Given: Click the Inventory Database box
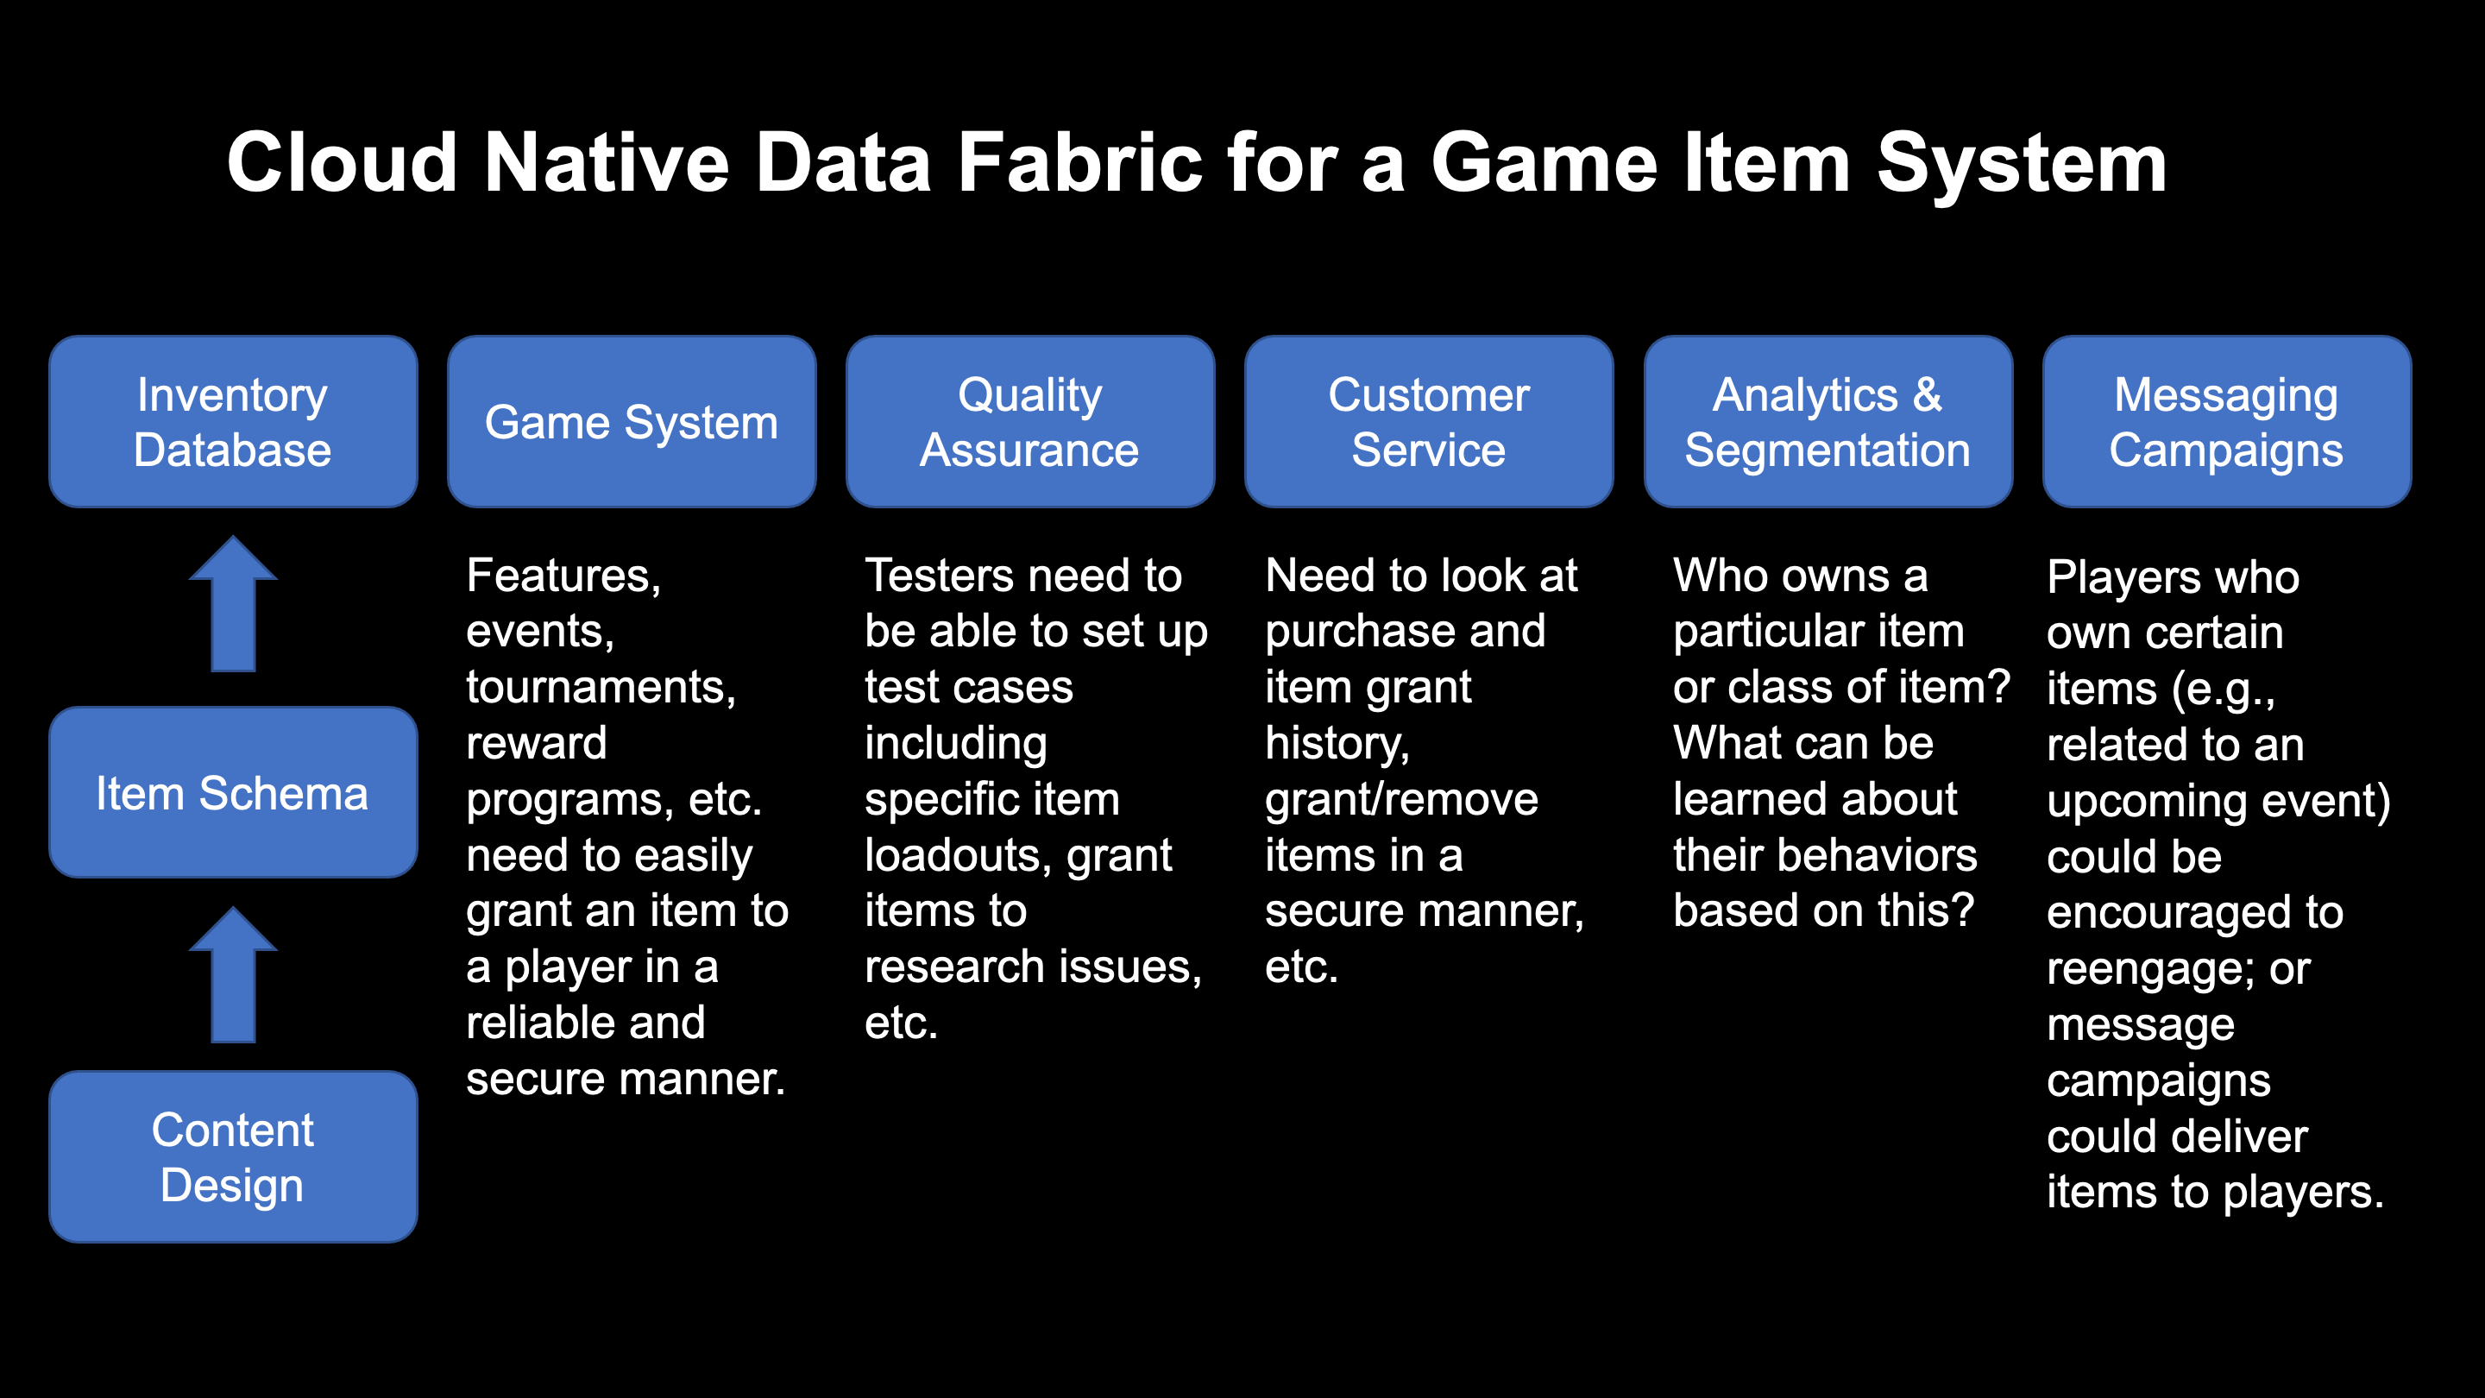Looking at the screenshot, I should [232, 422].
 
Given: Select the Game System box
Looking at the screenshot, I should [632, 422].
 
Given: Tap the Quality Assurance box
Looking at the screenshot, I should [1029, 422].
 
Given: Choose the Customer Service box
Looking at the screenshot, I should [1429, 422].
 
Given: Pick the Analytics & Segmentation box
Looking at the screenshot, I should [1828, 422].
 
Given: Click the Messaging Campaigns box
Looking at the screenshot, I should [2225, 422].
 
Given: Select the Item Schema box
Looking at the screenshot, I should [232, 792].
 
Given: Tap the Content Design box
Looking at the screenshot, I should [232, 1156].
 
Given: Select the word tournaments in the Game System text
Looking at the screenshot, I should [600, 687].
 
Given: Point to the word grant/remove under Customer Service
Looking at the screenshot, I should [1400, 799].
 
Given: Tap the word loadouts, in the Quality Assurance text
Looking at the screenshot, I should [951, 855].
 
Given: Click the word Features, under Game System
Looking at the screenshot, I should [563, 575].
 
